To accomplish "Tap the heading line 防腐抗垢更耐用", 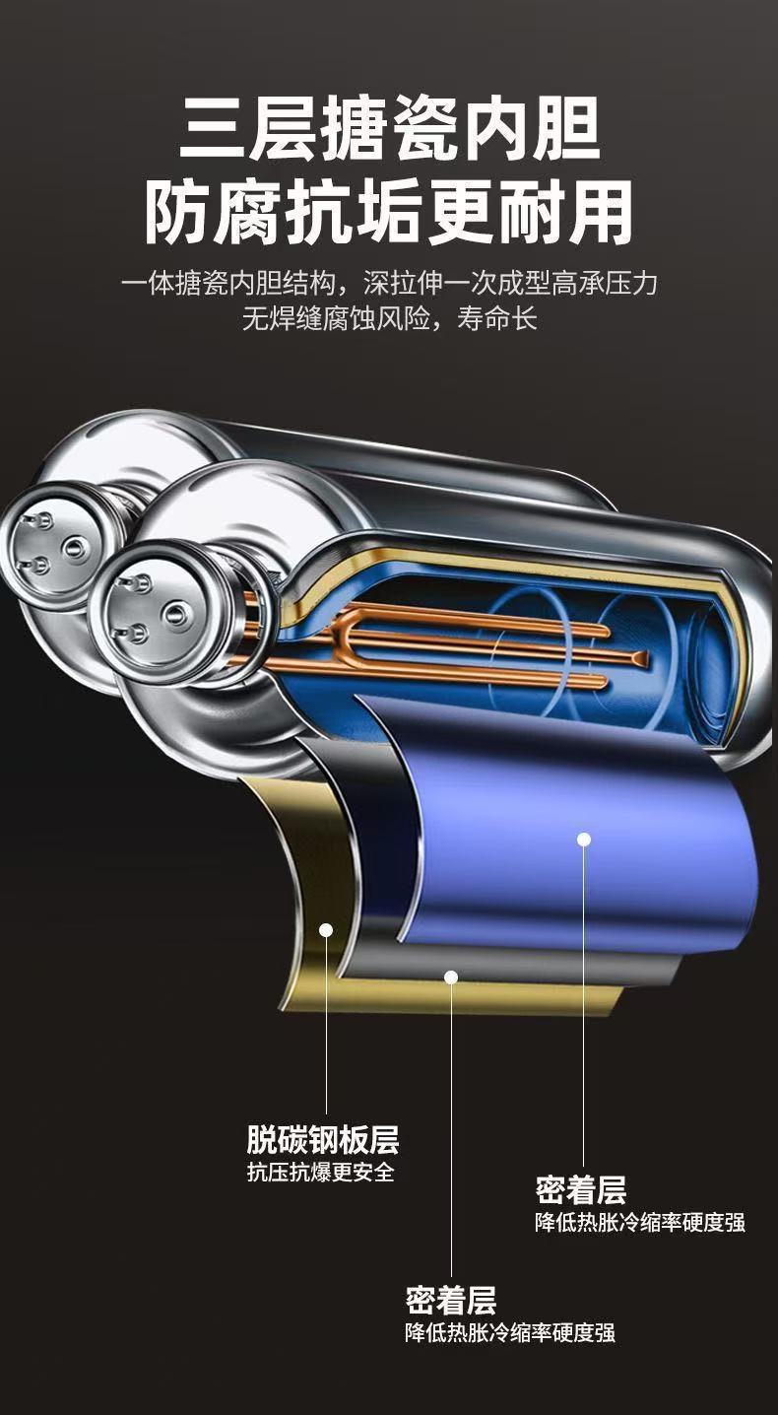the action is (389, 212).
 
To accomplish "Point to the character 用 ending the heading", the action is (600, 212).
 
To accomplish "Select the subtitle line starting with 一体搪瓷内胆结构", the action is (389, 284).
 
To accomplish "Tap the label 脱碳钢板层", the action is (323, 1139).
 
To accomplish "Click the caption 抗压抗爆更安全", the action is (321, 1173).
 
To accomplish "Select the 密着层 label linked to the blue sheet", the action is (580, 1190).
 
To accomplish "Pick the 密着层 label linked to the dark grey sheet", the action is (451, 1300).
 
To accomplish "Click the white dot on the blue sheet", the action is (584, 840).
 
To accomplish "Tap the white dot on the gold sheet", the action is (327, 929).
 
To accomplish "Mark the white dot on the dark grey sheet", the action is (451, 977).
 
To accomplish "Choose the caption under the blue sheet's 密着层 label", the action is (640, 1222).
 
